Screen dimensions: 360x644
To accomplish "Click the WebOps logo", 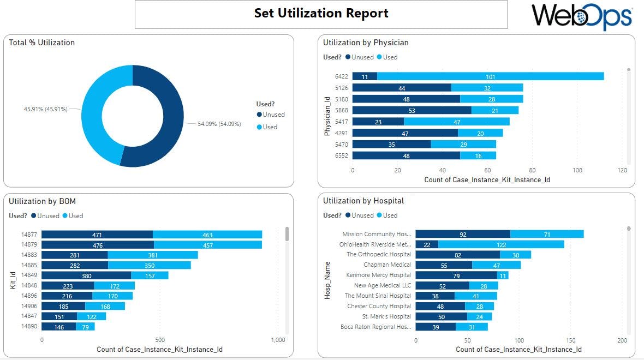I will tap(582, 16).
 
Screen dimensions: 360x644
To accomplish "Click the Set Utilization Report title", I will tap(321, 14).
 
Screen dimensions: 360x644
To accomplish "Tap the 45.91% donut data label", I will tap(46, 109).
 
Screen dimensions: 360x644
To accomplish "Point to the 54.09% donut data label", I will tap(219, 124).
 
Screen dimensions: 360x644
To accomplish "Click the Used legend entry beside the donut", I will tap(270, 127).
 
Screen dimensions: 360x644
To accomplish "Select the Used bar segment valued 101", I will tap(490, 76).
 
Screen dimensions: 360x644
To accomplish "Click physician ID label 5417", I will tap(341, 122).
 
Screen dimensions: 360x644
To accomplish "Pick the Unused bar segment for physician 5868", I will tap(412, 111).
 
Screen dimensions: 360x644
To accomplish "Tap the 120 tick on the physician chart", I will tap(622, 170).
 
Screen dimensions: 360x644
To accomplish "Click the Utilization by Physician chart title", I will tap(366, 43).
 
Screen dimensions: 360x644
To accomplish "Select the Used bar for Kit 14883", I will tap(153, 255).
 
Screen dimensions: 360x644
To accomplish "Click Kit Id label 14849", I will tap(29, 275).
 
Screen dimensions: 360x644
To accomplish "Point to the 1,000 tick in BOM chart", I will tap(278, 340).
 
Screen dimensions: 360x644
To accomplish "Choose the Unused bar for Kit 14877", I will tap(97, 235).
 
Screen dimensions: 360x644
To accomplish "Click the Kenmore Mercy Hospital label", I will tap(378, 275).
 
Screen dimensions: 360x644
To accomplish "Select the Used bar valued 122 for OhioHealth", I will tap(501, 244).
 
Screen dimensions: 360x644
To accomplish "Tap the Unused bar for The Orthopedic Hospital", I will tap(457, 255).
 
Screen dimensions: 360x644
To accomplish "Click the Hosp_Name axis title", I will tap(327, 280).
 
